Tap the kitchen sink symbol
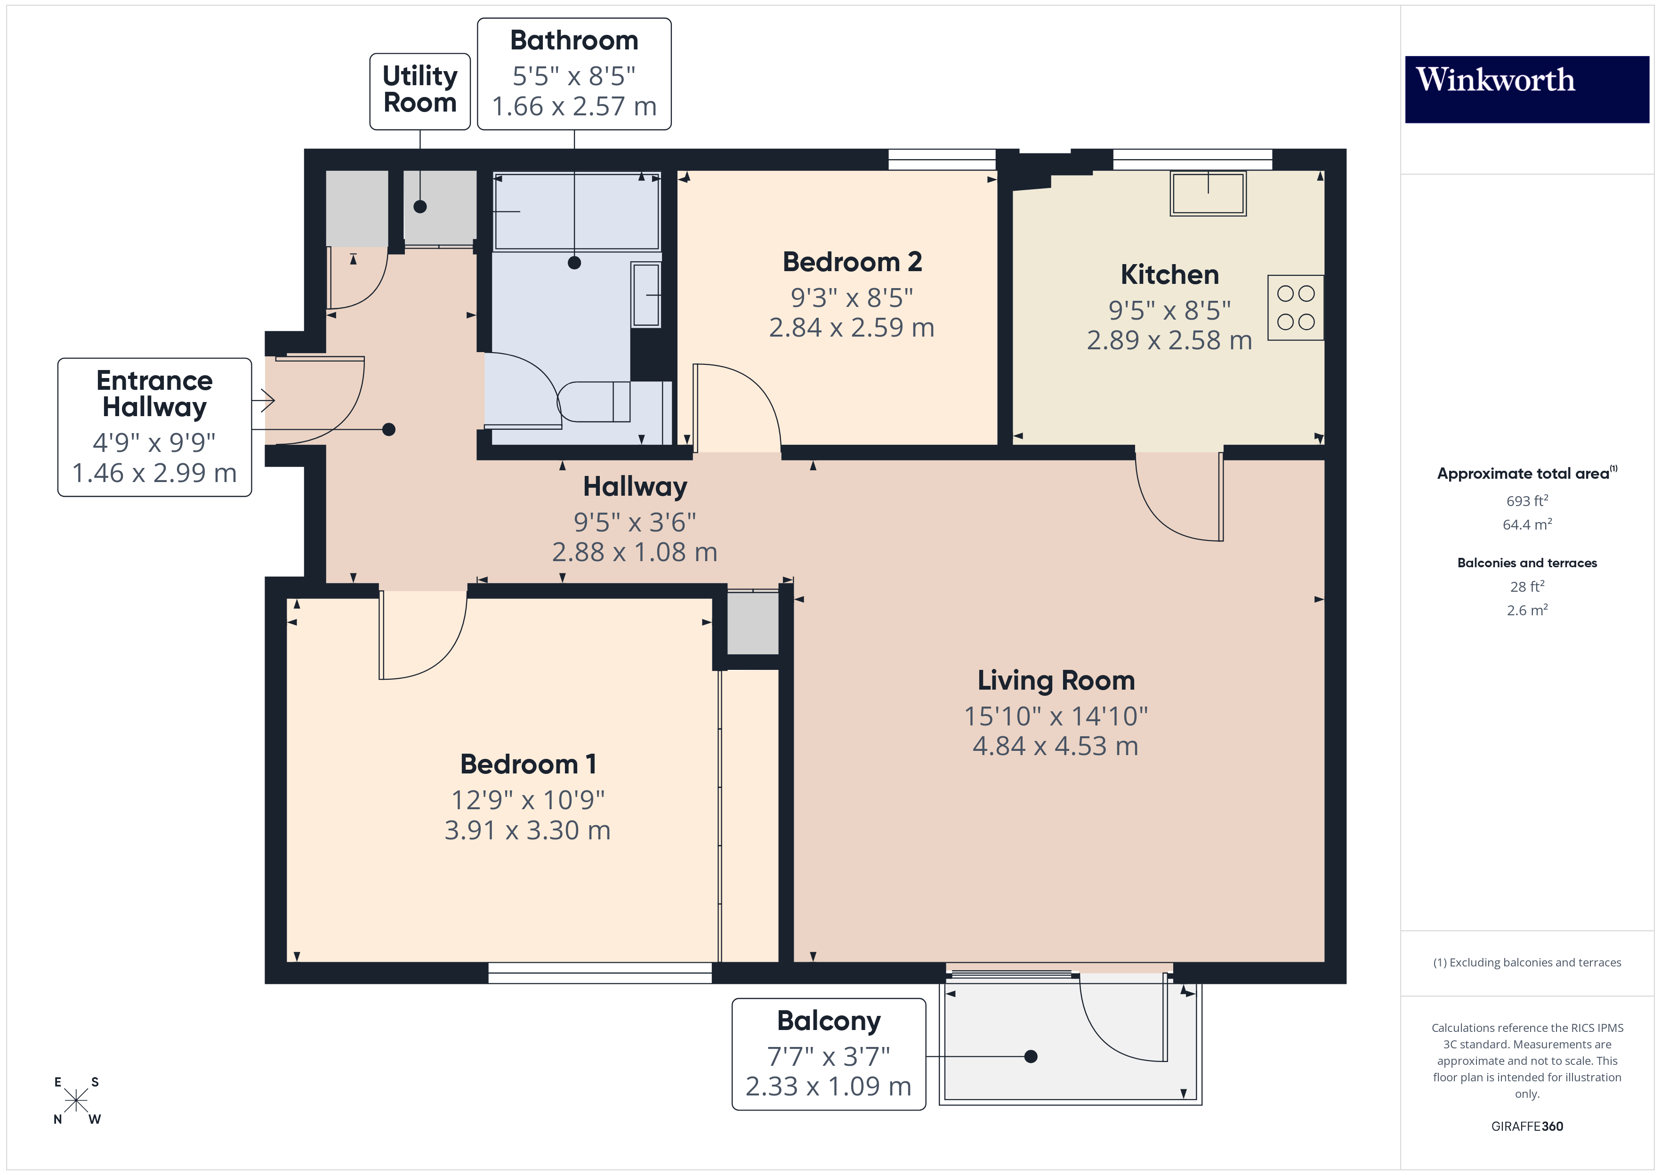[x=1208, y=193]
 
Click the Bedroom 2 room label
[x=852, y=262]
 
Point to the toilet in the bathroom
[x=595, y=402]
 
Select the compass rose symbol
[x=76, y=1101]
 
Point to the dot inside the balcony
[x=1031, y=1056]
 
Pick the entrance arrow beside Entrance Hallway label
[x=265, y=400]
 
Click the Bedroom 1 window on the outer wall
[x=600, y=973]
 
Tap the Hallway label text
[x=635, y=487]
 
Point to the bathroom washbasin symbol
[x=645, y=295]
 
